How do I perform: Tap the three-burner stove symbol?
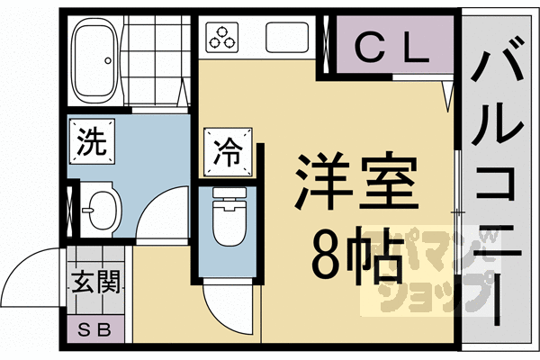click(221, 37)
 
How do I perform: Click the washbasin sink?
click(102, 209)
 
